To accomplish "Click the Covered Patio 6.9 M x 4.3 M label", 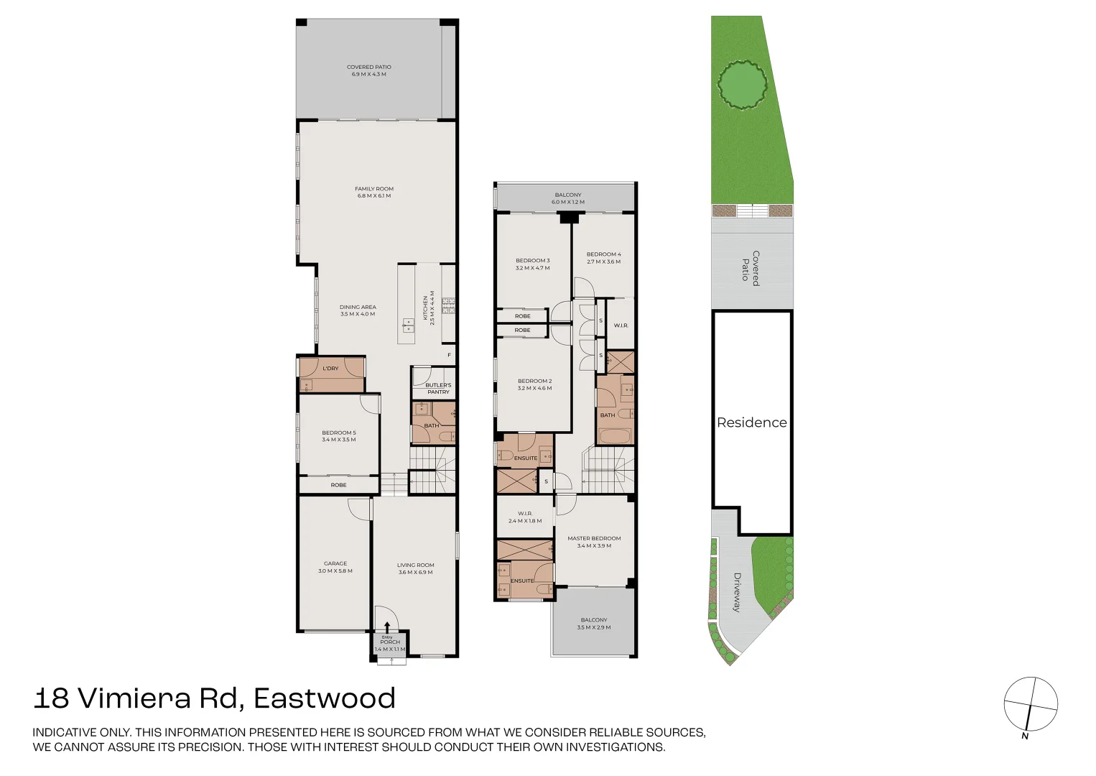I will click(369, 70).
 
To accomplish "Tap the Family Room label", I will click(374, 192).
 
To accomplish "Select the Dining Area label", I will click(358, 310).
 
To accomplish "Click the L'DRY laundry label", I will click(330, 369).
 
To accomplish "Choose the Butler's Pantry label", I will click(438, 389).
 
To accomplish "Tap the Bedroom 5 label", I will click(339, 436).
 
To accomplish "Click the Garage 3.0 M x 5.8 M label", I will click(335, 567).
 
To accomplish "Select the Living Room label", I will click(416, 568).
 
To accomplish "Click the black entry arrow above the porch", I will click(388, 627).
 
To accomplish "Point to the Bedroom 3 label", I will click(533, 264).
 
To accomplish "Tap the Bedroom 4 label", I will click(604, 258).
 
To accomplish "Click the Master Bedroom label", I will click(594, 542).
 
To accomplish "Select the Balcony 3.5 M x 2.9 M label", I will click(594, 623).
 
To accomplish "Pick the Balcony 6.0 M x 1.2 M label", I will click(568, 198).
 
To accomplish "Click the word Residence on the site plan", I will click(752, 422).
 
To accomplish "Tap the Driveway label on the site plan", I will click(737, 592).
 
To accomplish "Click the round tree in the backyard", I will click(742, 85).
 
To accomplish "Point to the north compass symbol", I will click(1031, 704).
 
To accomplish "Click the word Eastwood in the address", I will click(325, 698).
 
